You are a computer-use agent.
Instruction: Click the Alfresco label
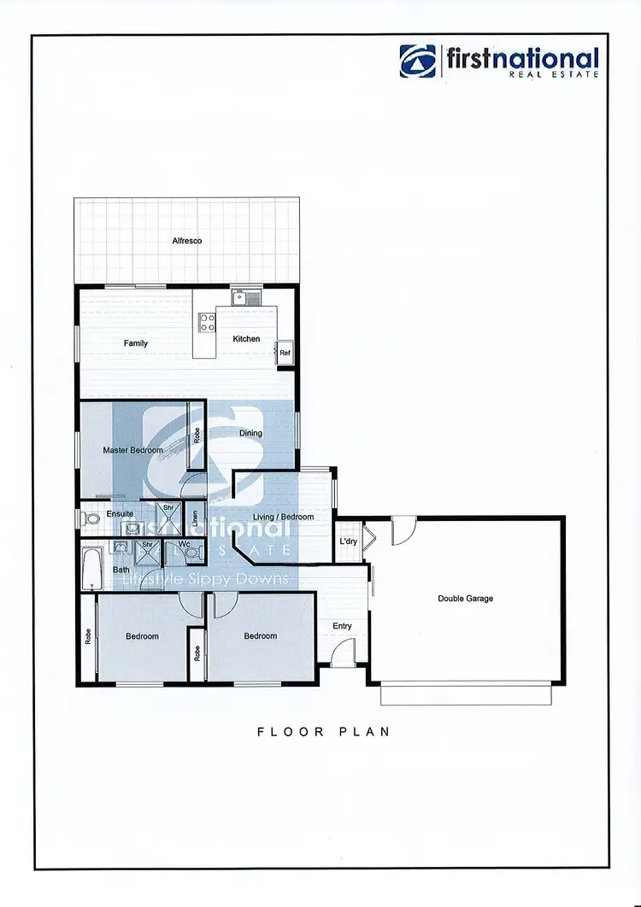187,242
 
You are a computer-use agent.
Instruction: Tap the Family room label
136,343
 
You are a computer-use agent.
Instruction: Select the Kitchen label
246,339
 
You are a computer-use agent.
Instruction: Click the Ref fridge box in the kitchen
284,353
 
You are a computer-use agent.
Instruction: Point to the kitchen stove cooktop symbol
207,322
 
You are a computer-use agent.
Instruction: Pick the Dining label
251,433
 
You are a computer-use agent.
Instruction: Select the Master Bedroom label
132,450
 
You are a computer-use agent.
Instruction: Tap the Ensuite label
120,514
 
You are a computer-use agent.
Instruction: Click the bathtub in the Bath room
91,570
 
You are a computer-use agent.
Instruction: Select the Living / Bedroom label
284,517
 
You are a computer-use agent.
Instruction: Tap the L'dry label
348,542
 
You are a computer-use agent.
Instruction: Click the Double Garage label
465,599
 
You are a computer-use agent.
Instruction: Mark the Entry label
342,626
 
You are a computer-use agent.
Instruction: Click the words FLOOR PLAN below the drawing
323,732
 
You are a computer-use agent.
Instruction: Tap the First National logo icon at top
418,61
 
